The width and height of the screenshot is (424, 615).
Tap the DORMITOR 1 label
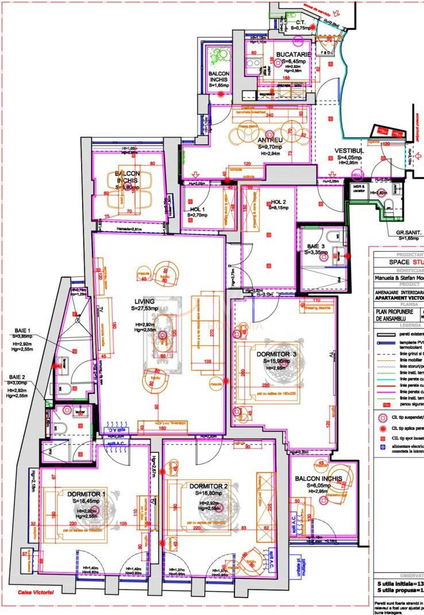click(86, 494)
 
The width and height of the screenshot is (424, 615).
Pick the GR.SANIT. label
click(408, 233)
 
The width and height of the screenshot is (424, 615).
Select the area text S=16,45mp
click(86, 501)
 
